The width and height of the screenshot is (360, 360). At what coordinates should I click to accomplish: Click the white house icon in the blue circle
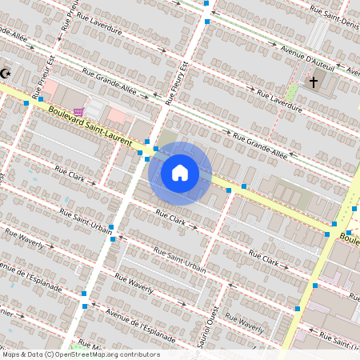tap(180, 173)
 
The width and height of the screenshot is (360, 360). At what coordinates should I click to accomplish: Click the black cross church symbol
tap(314, 82)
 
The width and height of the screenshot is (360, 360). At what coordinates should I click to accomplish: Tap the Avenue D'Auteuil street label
tap(309, 60)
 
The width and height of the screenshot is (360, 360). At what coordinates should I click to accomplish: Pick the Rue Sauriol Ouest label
tap(216, 330)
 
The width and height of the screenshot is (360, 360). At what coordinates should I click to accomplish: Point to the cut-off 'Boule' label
tap(349, 238)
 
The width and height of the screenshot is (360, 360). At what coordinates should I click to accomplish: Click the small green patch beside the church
tap(292, 92)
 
